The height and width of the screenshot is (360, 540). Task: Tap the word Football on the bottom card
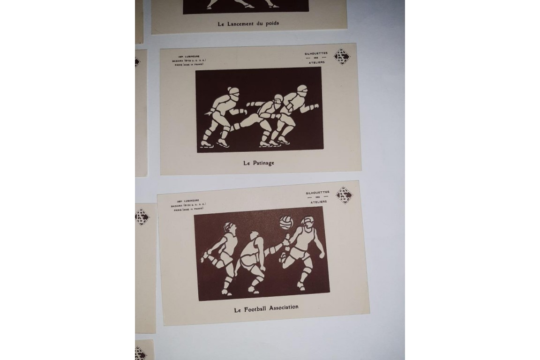point(258,309)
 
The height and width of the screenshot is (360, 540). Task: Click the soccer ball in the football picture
point(286,221)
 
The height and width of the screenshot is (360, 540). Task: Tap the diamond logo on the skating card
point(342,56)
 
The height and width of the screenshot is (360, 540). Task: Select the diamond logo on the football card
point(344,195)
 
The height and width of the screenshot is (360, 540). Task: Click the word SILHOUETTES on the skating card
point(317,54)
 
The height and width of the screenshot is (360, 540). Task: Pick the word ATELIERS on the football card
point(318,202)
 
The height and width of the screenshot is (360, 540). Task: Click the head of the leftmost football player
point(228,228)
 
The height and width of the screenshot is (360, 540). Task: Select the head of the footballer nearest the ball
point(307,222)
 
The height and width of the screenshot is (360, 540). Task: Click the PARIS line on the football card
point(190,210)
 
